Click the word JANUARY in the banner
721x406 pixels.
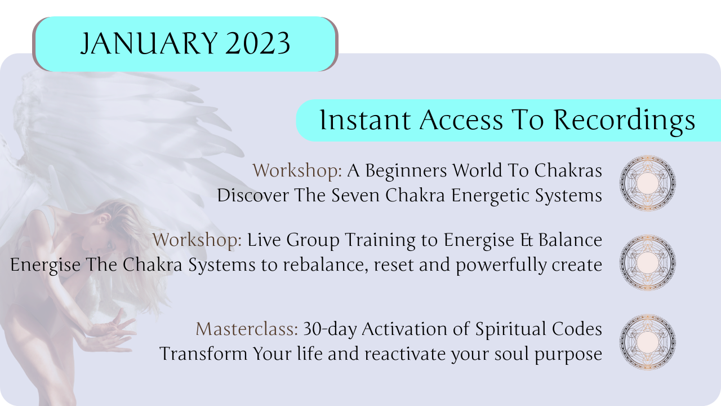(x=149, y=43)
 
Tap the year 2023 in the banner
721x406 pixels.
(x=257, y=43)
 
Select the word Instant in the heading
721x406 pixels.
(x=365, y=120)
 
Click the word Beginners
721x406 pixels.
(x=406, y=171)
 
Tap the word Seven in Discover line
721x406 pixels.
(x=355, y=195)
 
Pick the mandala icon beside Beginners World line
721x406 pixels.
(x=648, y=183)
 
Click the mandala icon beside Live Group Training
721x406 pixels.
(x=648, y=262)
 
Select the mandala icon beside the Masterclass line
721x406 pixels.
(x=648, y=342)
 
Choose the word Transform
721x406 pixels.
(x=203, y=354)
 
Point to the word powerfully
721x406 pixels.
(x=501, y=266)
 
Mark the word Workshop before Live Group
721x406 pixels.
(x=197, y=240)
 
